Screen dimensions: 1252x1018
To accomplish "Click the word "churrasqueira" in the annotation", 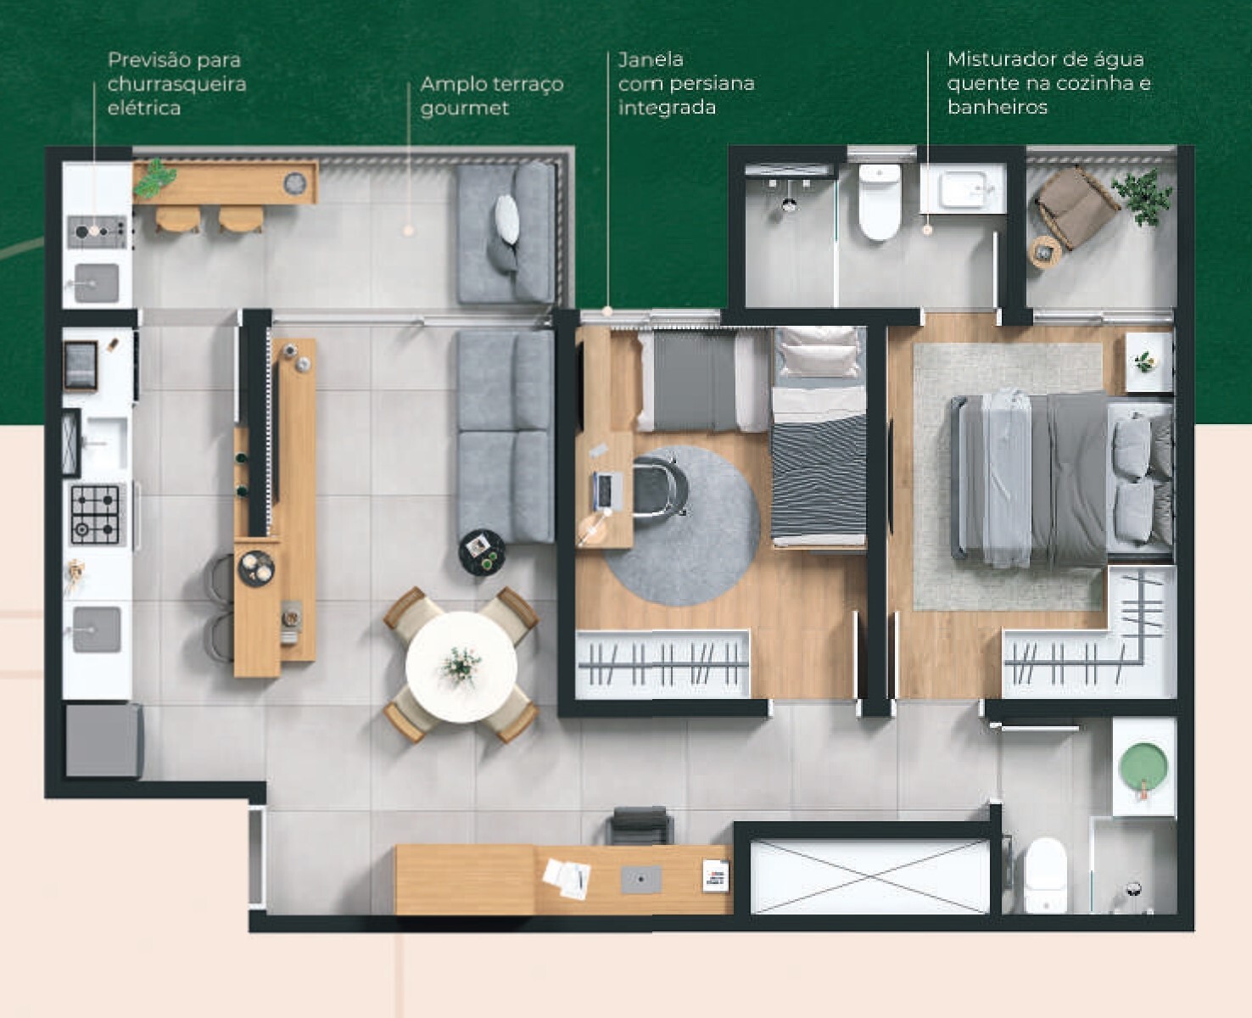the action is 176,84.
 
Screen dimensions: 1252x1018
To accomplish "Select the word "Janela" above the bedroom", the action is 650,59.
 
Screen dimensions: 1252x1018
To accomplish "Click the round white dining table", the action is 461,667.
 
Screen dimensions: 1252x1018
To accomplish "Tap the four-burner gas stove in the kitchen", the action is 95,514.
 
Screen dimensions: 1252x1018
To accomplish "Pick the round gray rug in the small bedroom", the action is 682,525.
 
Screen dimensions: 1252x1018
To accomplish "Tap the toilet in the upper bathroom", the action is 880,202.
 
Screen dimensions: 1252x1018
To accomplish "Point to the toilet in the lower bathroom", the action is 1046,875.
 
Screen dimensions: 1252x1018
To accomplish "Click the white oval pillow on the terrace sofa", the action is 506,218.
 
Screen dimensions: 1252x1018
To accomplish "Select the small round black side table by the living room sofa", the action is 482,552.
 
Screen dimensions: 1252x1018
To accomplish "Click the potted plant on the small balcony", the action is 1142,197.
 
